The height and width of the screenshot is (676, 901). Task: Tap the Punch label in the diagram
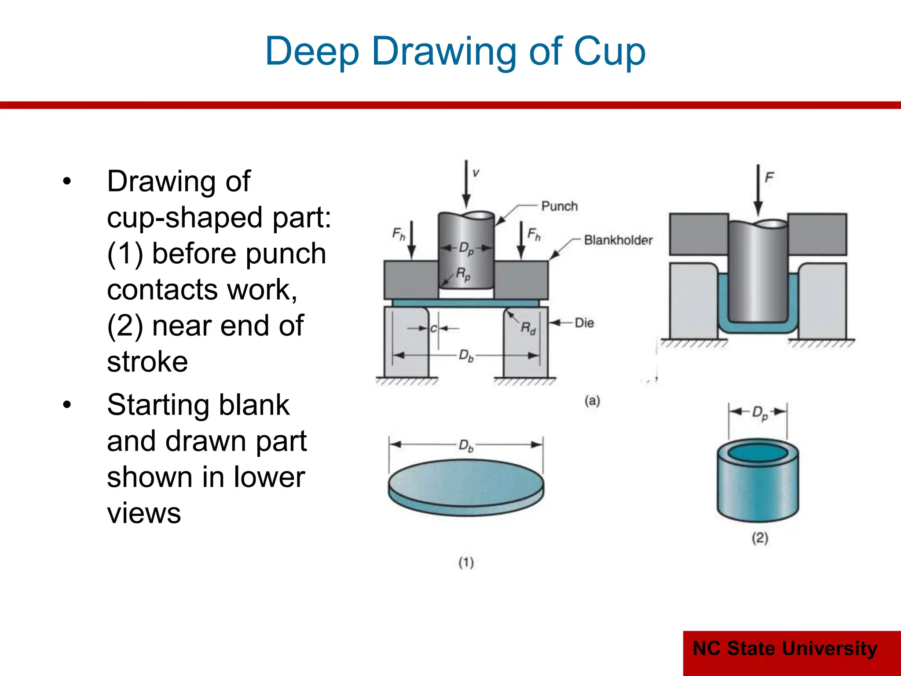pos(559,206)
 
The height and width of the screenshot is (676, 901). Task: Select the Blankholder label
pos(618,240)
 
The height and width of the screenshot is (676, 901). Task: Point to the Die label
pos(584,323)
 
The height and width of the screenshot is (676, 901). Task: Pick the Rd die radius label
pos(528,328)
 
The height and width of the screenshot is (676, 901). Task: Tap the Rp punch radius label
pos(463,274)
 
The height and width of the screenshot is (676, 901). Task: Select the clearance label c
pos(433,329)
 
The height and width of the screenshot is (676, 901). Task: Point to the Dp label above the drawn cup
pos(760,413)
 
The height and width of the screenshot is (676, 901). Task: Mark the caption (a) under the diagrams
pos(592,400)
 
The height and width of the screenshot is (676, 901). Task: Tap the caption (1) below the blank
pos(466,562)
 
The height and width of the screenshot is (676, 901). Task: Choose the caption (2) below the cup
pos(760,537)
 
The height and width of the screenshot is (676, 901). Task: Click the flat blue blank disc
pos(466,484)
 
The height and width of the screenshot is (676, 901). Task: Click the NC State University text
pos(785,649)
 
